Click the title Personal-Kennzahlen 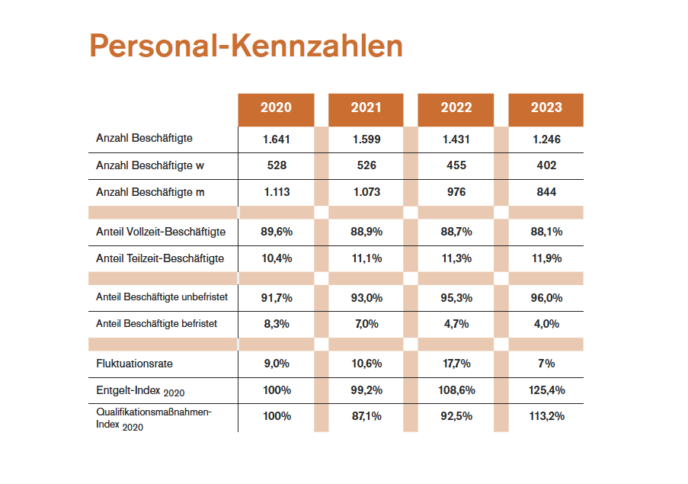245,46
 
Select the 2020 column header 276,107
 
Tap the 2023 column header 546,107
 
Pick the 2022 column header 456,107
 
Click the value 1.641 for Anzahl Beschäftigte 276,139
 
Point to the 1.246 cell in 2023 546,139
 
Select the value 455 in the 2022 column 456,165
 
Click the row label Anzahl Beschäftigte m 150,192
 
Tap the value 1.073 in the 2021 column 366,192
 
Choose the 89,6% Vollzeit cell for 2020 276,231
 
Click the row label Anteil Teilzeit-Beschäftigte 160,258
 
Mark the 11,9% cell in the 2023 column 546,258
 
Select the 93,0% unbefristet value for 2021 366,296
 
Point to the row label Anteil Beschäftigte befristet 156,324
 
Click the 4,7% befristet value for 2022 456,324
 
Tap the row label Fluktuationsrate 134,364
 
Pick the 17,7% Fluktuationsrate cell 456,364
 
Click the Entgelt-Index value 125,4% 546,390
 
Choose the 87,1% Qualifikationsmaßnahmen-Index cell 366,417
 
